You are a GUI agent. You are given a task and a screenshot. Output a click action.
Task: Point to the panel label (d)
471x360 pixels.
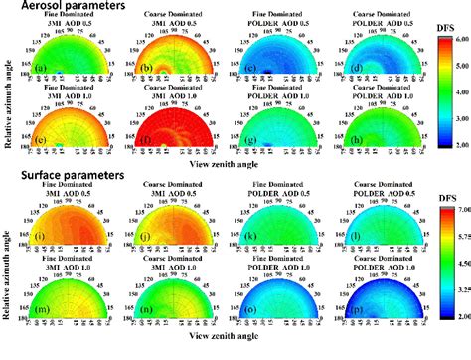click(339, 70)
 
